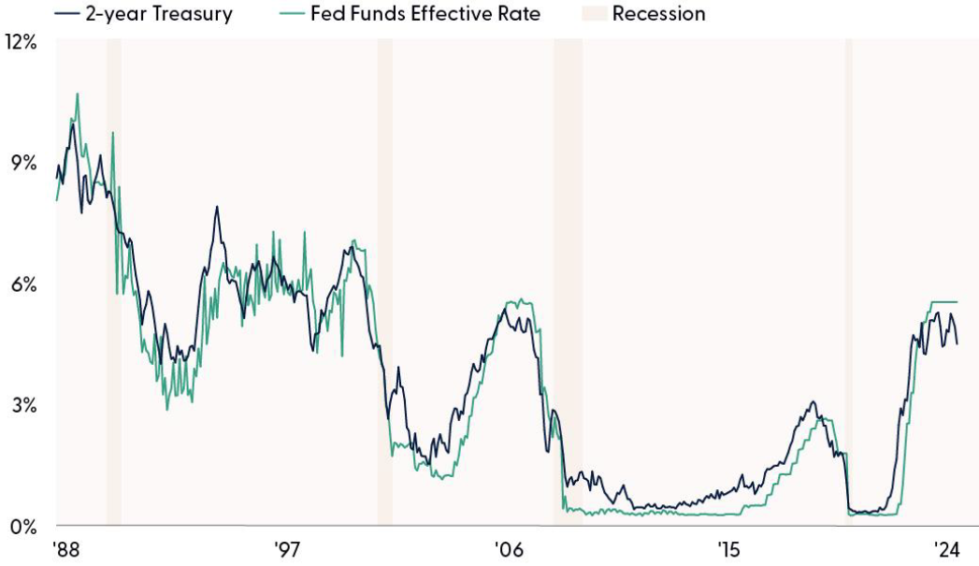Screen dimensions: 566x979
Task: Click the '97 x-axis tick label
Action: coord(287,547)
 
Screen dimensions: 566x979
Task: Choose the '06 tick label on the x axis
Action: coord(508,547)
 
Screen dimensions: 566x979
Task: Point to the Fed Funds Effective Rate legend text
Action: coord(425,14)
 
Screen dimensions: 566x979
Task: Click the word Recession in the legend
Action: coord(659,14)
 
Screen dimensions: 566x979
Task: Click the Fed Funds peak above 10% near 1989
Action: coord(78,94)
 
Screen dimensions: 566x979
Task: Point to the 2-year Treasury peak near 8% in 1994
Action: coord(217,207)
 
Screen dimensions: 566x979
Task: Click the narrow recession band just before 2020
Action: coord(849,281)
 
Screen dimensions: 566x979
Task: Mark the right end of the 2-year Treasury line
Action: coord(957,344)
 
